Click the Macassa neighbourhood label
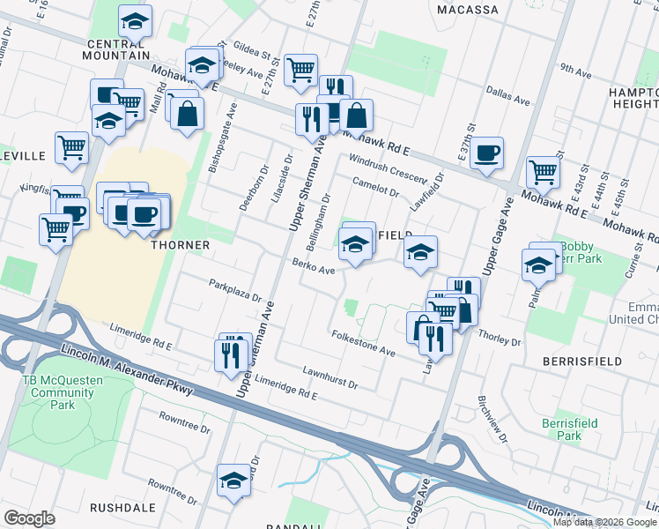tap(468, 10)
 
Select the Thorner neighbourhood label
tap(180, 244)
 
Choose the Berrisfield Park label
tap(569, 429)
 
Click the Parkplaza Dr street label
tap(235, 290)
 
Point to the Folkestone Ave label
tap(363, 343)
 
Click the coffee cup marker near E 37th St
tap(486, 153)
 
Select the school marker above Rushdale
tap(233, 480)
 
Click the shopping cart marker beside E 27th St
tap(301, 68)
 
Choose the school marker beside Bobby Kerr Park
tap(538, 262)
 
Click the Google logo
tap(29, 518)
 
